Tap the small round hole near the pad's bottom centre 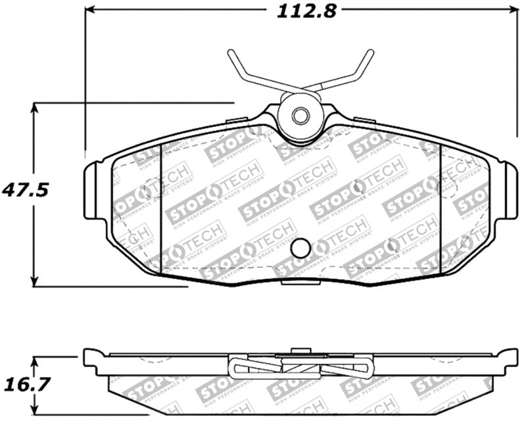point(300,248)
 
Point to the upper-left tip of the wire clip point(231,53)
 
